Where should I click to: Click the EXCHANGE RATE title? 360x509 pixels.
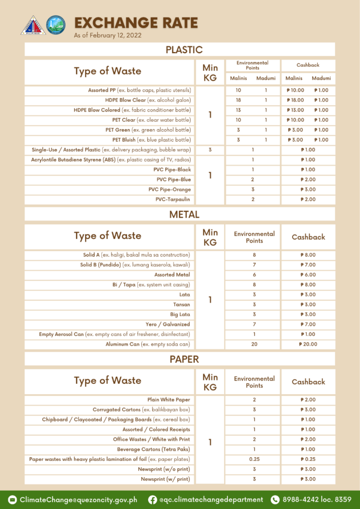[x=136, y=23]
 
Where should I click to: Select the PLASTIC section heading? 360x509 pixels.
[x=183, y=50]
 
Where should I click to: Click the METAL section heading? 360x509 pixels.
[x=184, y=215]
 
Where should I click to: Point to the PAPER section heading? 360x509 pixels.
[x=184, y=359]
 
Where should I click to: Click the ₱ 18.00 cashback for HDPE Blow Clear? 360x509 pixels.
[x=294, y=100]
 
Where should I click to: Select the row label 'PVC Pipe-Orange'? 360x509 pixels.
[x=170, y=189]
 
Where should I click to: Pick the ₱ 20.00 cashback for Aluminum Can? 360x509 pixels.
[x=308, y=344]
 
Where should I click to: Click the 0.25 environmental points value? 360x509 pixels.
[x=254, y=459]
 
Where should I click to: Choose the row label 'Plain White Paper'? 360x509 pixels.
[x=169, y=400]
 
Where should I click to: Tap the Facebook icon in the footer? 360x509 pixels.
[x=153, y=500]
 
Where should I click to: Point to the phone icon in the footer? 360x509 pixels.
[x=275, y=500]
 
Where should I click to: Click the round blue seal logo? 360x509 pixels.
[x=55, y=25]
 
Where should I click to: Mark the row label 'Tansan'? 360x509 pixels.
[x=181, y=304]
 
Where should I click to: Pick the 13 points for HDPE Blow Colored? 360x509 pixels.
[x=238, y=110]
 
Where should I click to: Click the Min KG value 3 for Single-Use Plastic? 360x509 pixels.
[x=210, y=150]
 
